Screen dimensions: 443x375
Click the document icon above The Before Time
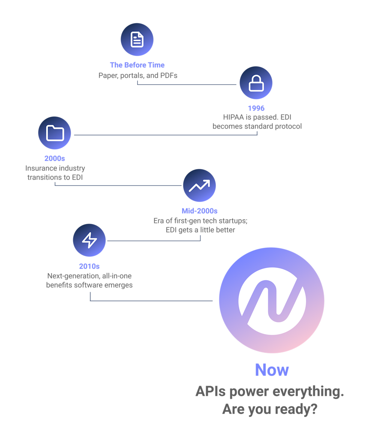pos(137,39)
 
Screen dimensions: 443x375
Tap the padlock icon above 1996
pos(256,83)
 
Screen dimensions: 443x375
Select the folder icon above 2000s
pos(55,133)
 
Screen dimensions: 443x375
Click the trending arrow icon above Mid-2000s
pos(199,186)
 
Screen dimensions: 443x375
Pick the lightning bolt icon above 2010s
pos(89,240)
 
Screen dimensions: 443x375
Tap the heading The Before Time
pos(137,65)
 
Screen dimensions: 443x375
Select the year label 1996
pos(256,108)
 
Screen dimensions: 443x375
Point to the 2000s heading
pos(55,159)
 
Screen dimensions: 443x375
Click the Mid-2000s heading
pos(199,211)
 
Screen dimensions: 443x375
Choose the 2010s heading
pos(89,266)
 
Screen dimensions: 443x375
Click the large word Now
pos(272,370)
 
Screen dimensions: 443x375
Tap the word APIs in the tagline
pos(210,392)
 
